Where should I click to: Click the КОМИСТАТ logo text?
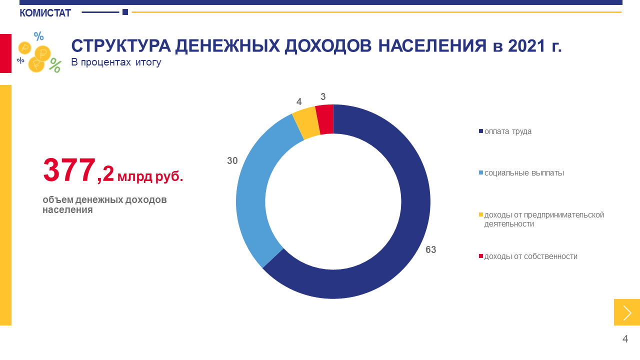pos(45,13)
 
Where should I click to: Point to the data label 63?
pos(431,249)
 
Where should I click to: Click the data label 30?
pos(232,160)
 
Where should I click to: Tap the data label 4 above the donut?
pos(299,101)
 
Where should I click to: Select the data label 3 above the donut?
pos(323,97)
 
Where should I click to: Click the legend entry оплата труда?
pos(505,131)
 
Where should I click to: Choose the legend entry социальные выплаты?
pos(521,173)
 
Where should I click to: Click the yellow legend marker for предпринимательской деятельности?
pos(481,214)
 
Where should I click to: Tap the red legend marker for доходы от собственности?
pos(481,256)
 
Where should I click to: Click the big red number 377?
pos(69,170)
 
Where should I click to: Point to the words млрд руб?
pos(150,176)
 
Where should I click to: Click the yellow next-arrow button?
pos(627,312)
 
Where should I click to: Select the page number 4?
pos(625,339)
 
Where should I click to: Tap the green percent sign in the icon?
pos(55,65)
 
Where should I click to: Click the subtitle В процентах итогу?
pos(116,62)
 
